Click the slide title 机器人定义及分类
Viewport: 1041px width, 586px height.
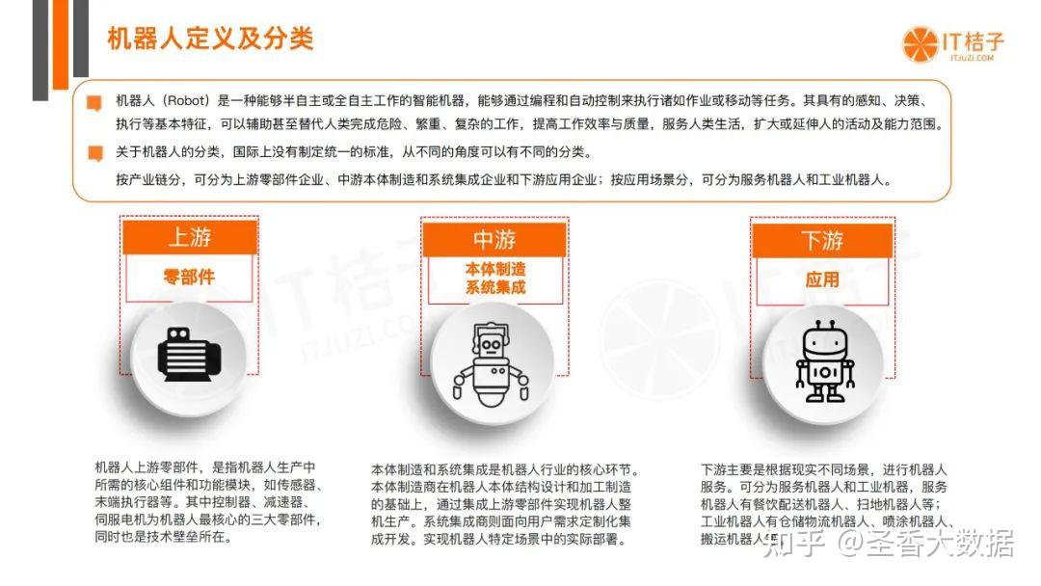coord(209,40)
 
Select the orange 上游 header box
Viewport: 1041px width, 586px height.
coord(189,237)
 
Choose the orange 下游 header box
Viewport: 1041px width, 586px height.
coord(822,240)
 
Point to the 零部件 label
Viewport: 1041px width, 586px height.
coord(189,278)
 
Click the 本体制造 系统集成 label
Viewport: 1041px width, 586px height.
coord(494,278)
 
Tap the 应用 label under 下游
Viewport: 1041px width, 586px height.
coord(822,280)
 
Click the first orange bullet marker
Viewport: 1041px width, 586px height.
coord(94,101)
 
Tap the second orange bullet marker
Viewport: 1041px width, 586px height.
coord(94,152)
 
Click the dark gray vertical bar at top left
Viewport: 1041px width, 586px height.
coord(40,49)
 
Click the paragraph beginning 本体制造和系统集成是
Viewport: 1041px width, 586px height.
coord(504,504)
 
